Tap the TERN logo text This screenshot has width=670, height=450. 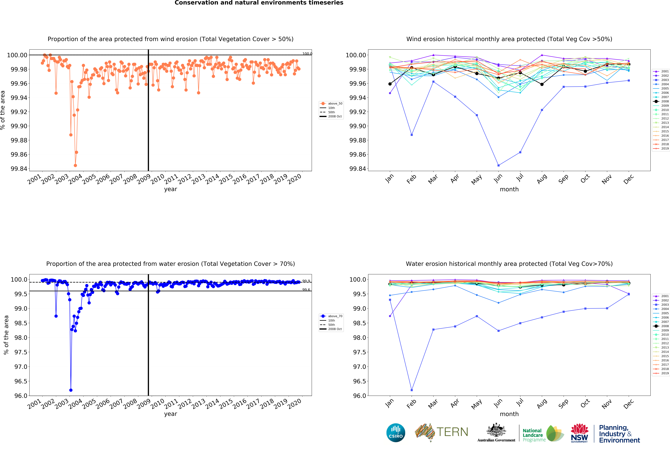click(452, 432)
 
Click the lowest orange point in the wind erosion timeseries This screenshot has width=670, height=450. click(75, 165)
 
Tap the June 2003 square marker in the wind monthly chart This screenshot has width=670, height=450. click(498, 165)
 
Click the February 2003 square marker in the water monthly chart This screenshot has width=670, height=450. click(412, 390)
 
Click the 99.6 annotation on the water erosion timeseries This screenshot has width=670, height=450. click(306, 290)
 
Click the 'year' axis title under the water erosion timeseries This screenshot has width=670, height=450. click(170, 414)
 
